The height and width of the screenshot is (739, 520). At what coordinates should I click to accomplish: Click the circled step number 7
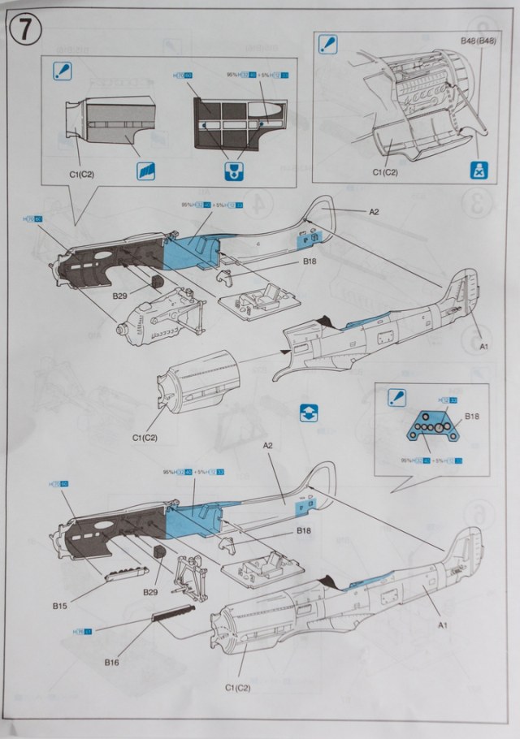point(24,29)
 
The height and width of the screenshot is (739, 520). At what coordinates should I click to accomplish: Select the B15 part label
point(60,606)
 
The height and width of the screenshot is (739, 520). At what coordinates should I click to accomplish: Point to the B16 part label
point(112,663)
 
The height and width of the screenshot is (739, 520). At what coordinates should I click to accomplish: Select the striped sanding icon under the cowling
point(145,171)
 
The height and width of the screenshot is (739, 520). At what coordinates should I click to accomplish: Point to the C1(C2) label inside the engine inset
point(385,173)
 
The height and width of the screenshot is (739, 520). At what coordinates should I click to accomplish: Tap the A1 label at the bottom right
point(443,624)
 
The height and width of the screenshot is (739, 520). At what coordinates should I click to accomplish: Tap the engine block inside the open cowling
point(414,89)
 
